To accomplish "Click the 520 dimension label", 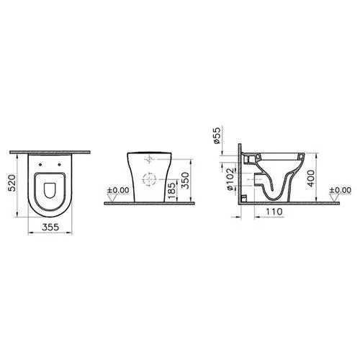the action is pos(12,183).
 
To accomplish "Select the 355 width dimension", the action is pos(50,227).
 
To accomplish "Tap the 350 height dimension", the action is pos(185,181).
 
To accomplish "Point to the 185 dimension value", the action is pos(172,191).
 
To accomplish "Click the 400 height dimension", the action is pos(311,179).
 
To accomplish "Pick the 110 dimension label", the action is pos(274,212).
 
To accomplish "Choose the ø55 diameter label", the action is pos(217,135).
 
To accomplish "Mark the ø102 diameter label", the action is pos(230,179).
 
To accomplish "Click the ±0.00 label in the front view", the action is pos(118,190).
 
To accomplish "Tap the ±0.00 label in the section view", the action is pos(341,190).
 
